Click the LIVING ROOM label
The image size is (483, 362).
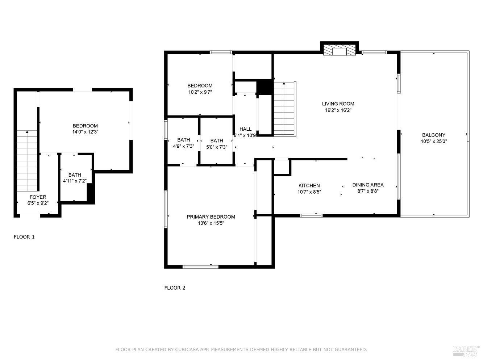pyautogui.click(x=338, y=104)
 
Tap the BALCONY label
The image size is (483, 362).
pyautogui.click(x=433, y=135)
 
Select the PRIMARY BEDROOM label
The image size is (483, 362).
pyautogui.click(x=211, y=217)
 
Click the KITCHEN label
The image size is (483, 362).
pyautogui.click(x=309, y=186)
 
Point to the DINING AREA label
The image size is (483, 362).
pyautogui.click(x=368, y=185)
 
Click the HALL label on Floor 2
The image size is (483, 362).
pyautogui.click(x=245, y=129)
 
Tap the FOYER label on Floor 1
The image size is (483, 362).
pyautogui.click(x=38, y=197)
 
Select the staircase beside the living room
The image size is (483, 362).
pyautogui.click(x=284, y=109)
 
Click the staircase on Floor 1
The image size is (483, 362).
pyautogui.click(x=27, y=161)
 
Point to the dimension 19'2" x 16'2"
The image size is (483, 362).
pyautogui.click(x=338, y=110)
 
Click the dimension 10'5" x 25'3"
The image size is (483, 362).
pyautogui.click(x=433, y=142)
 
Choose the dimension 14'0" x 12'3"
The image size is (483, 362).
pyautogui.click(x=85, y=132)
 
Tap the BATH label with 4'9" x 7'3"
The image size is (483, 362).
pyautogui.click(x=183, y=140)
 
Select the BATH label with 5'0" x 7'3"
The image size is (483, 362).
pyautogui.click(x=216, y=141)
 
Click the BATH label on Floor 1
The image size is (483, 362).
pyautogui.click(x=75, y=175)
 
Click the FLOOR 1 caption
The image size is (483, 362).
pyautogui.click(x=24, y=237)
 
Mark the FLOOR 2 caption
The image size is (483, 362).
pyautogui.click(x=175, y=288)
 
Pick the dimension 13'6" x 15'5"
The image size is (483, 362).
pyautogui.click(x=211, y=223)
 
